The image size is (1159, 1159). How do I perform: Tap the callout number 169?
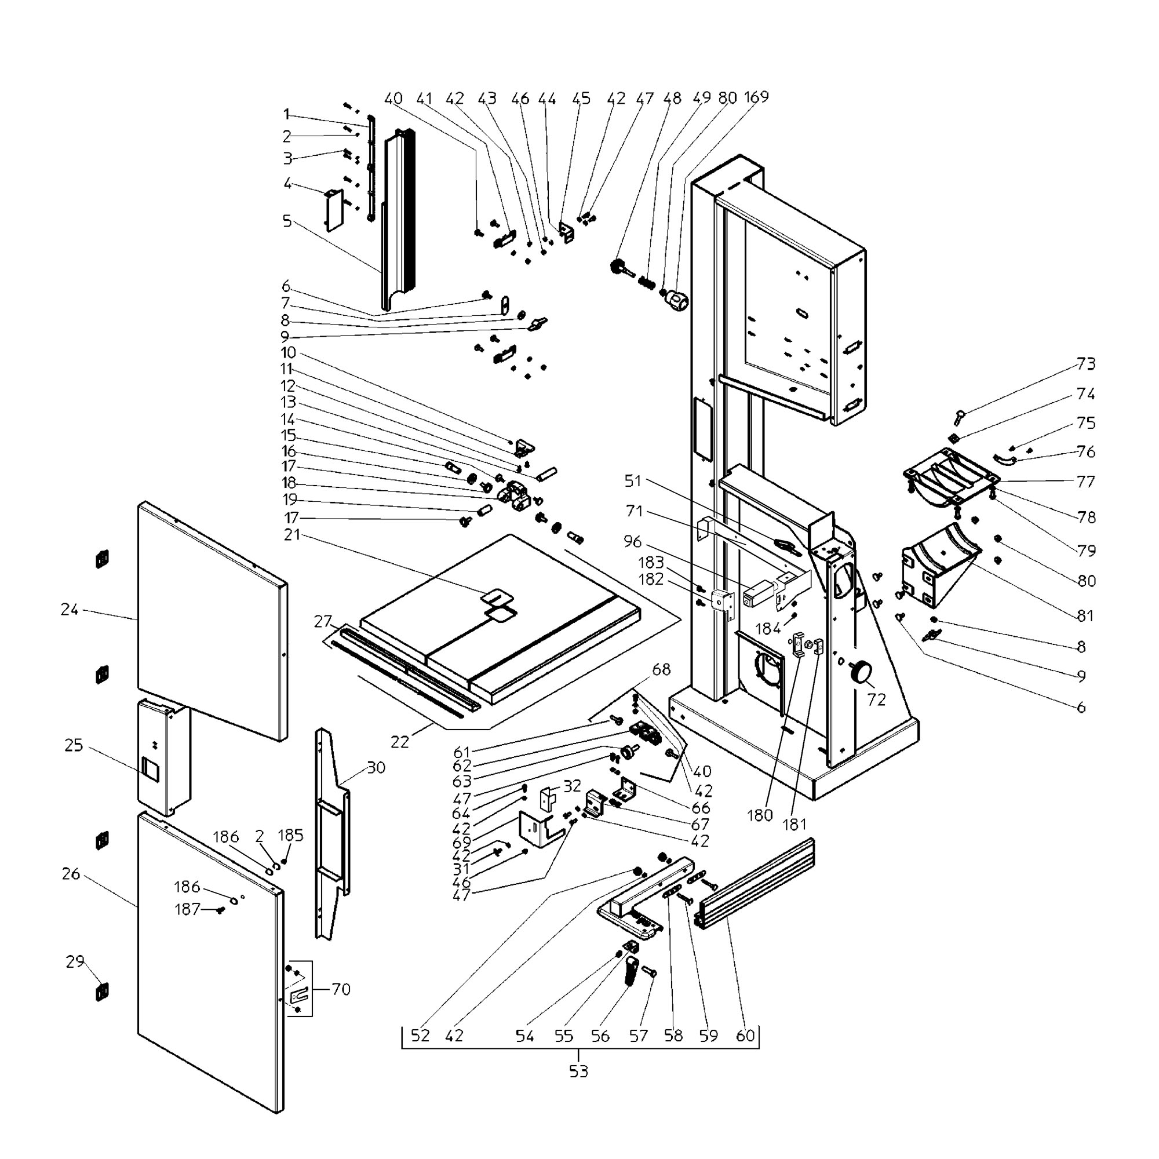pos(756,97)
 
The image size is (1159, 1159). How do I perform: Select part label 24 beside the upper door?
pos(70,610)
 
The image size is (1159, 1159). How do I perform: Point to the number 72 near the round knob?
pos(876,699)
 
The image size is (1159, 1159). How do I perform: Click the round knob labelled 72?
pos(862,671)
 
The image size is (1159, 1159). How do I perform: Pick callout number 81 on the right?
pos(1085,615)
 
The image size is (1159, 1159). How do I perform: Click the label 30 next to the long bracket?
pos(376,767)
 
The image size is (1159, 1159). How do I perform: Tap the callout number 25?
pos(73,746)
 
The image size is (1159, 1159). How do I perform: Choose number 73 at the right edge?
pos(1086,363)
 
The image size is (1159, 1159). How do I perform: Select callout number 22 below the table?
pos(399,742)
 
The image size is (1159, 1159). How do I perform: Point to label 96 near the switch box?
pos(632,541)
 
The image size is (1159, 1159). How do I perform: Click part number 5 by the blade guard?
pos(287,221)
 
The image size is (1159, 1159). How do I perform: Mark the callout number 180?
pos(760,815)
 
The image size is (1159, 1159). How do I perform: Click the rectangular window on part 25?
pos(150,768)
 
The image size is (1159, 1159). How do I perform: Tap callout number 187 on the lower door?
pos(187,909)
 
